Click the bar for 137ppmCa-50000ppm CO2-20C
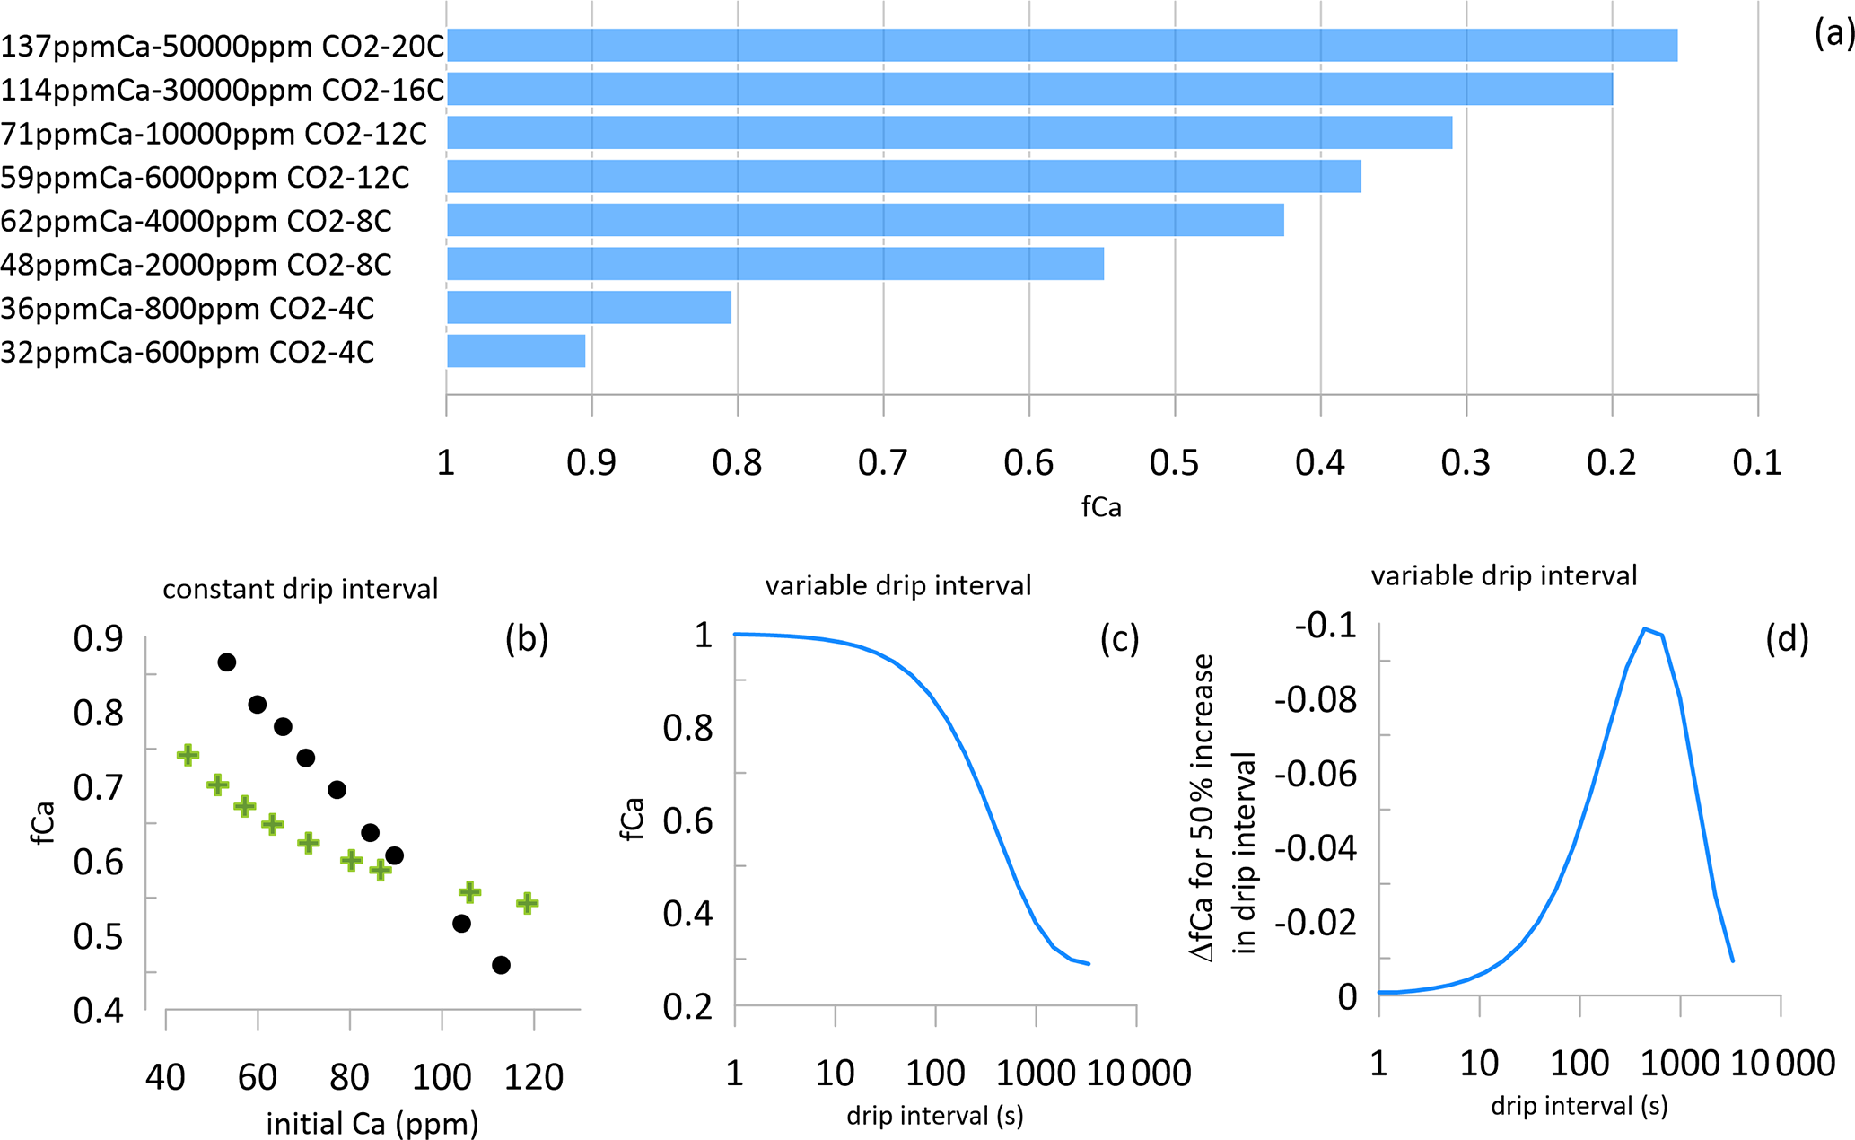point(1062,45)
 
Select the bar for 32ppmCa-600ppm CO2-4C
point(516,351)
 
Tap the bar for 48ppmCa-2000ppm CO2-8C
point(775,264)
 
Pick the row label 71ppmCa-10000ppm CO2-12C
point(214,134)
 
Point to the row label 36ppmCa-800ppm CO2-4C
point(187,309)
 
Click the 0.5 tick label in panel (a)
point(1174,463)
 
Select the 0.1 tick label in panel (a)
point(1756,463)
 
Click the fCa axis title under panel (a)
point(1101,507)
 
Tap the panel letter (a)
point(1833,34)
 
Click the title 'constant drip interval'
point(300,589)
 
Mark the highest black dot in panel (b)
point(227,662)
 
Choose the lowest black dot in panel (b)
point(501,965)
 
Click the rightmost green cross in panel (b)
point(528,903)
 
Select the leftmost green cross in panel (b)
point(188,755)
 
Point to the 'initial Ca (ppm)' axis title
point(372,1123)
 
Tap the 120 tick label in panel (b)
point(534,1076)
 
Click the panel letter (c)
point(1119,638)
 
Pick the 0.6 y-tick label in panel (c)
point(687,820)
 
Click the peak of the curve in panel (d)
point(1645,628)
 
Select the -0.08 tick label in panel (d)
point(1316,699)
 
